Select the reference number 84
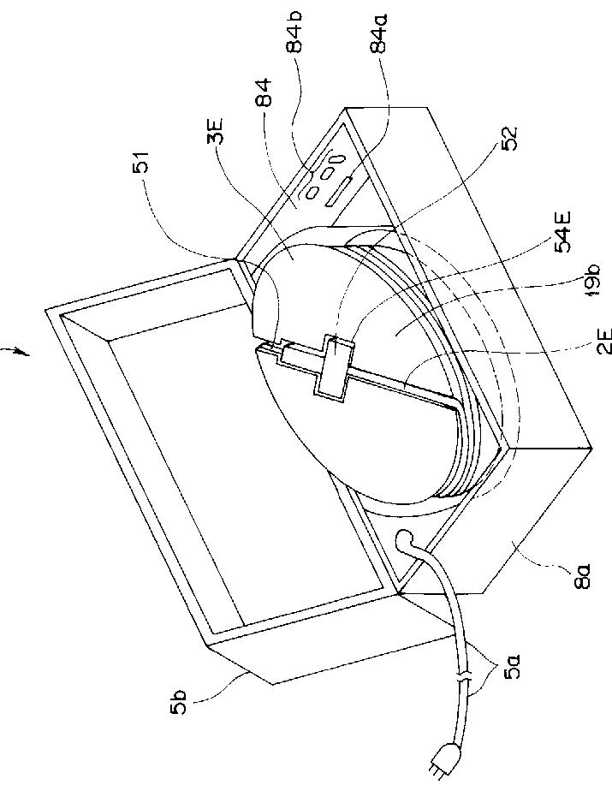(264, 92)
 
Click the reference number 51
(142, 162)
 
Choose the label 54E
(563, 231)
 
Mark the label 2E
(604, 342)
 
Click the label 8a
(584, 575)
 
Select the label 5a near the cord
(514, 666)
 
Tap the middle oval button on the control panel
(328, 173)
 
